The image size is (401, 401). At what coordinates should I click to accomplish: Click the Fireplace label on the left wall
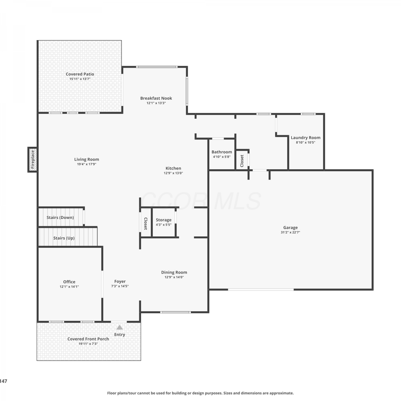pos(33,160)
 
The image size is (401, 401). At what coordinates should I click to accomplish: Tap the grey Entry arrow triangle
pos(119,327)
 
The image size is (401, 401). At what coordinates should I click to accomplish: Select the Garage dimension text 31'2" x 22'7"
pos(290,232)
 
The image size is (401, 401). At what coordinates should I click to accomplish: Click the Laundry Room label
pos(306,138)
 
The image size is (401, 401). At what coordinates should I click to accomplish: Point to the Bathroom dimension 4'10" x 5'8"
pos(222,157)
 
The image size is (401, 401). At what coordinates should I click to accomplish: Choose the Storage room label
pos(164,220)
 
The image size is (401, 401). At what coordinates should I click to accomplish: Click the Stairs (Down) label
pos(60,217)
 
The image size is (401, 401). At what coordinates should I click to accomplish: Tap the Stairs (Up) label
pos(64,238)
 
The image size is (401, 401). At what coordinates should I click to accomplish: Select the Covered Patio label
pos(80,74)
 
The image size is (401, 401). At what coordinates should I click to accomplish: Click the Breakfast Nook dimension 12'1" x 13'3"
pos(156,103)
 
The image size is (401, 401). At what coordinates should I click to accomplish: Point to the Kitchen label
pos(173,168)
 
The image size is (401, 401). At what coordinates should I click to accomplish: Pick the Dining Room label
pos(174,272)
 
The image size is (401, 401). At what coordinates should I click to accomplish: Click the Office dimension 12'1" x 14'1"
pos(69,287)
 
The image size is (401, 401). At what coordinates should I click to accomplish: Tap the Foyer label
pos(120,282)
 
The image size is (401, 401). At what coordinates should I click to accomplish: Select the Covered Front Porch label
pos(88,339)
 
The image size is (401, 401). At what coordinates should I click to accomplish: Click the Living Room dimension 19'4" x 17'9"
pos(87,164)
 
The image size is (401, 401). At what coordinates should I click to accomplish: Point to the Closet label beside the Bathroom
pos(242,161)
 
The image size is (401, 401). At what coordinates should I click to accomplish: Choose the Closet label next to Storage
pos(146,223)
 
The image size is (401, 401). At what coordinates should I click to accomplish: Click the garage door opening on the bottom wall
pos(261,290)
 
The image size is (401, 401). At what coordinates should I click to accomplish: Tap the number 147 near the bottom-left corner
pos(3,381)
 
